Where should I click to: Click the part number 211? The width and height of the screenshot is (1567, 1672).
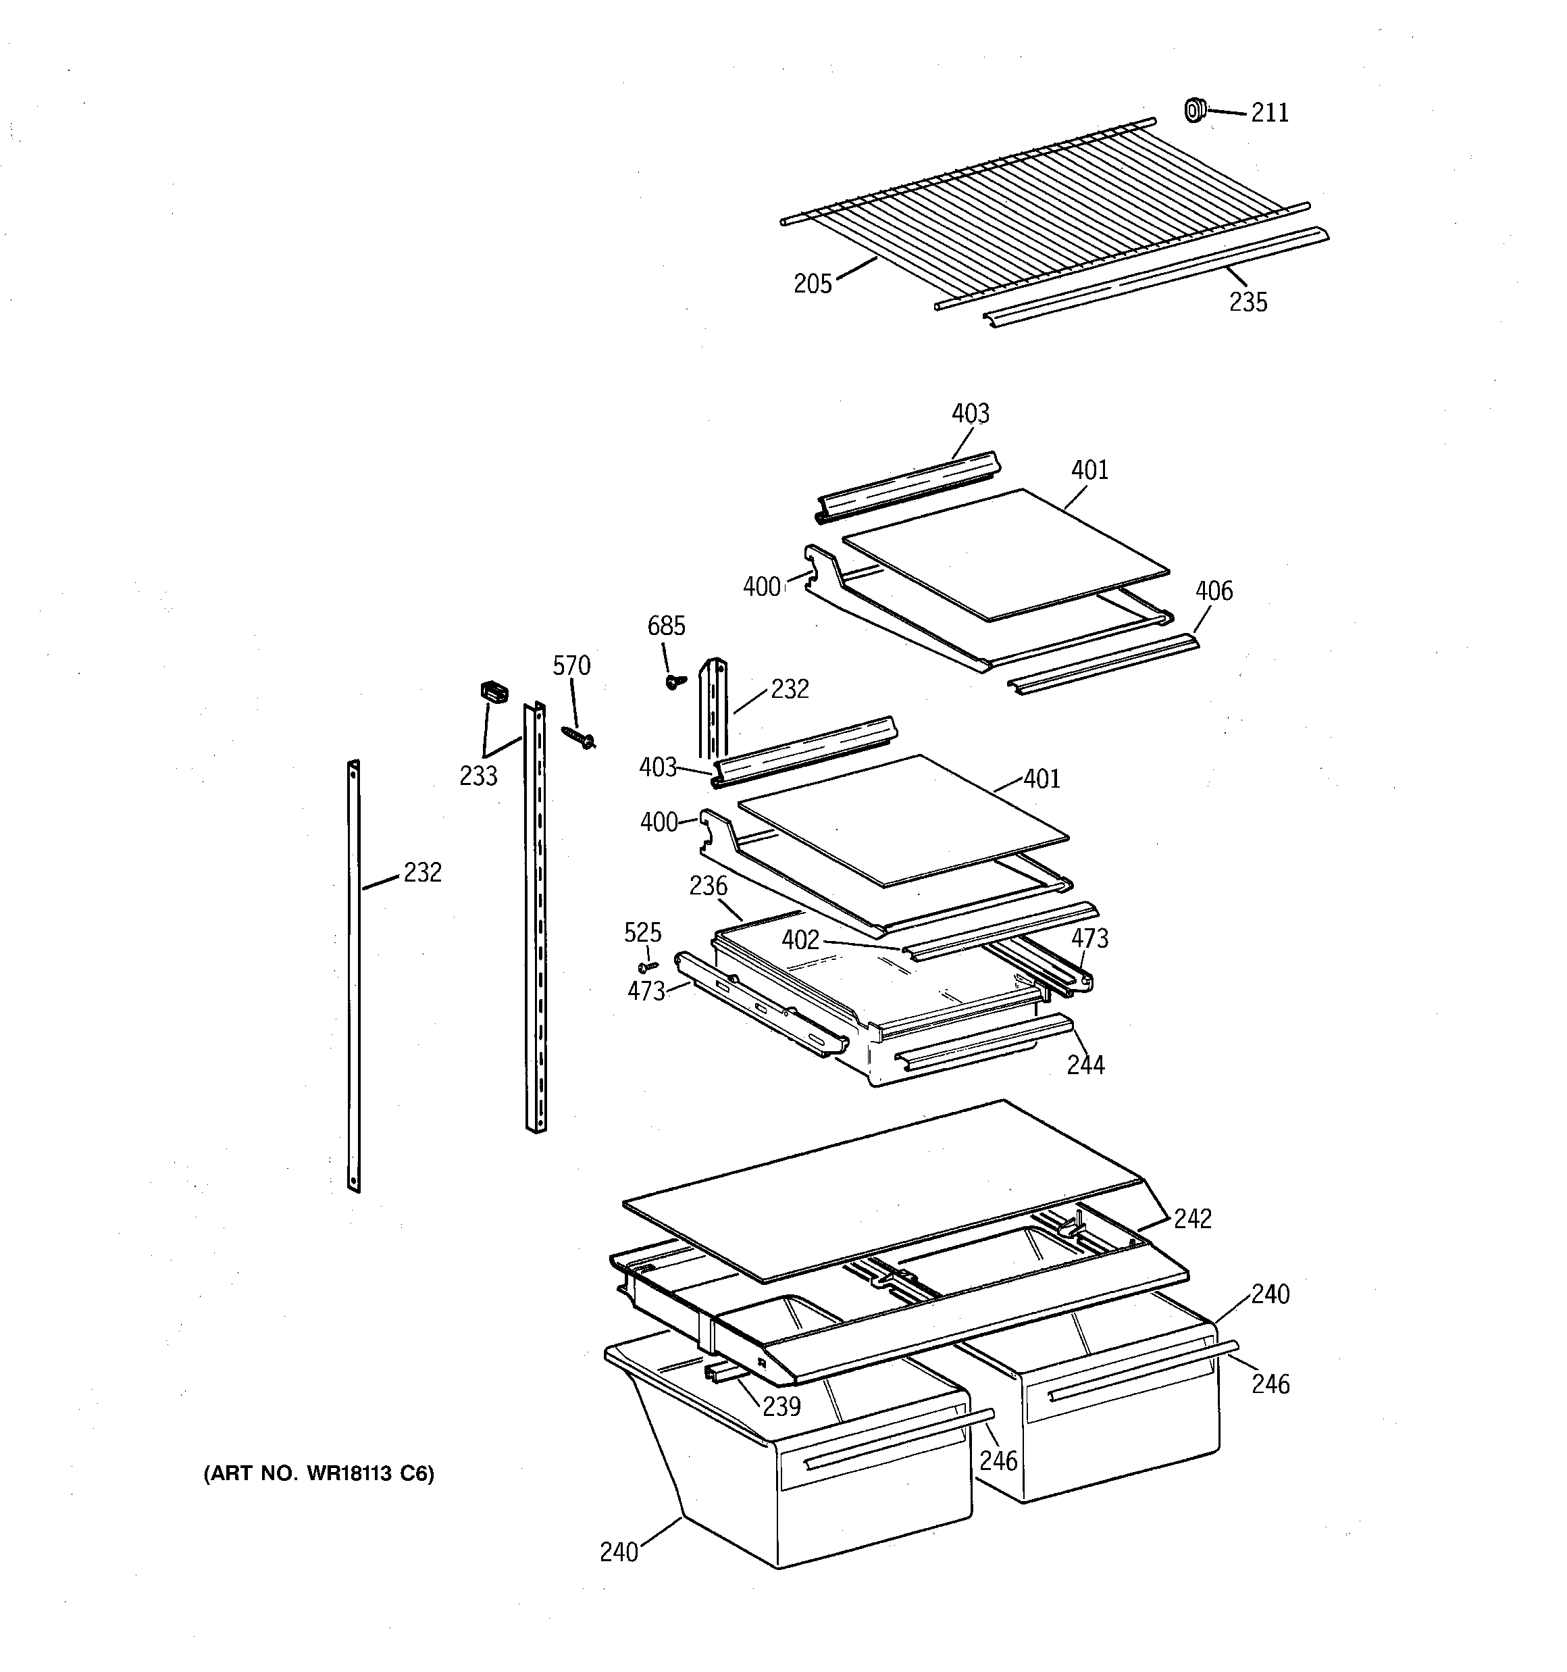point(1269,113)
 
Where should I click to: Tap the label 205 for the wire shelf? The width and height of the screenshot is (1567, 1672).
point(813,284)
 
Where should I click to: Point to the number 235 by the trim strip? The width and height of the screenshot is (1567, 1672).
point(1248,302)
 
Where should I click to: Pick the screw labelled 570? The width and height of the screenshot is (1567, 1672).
point(580,738)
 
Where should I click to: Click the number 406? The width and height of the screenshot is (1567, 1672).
point(1214,591)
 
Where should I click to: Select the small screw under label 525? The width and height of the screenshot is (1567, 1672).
point(648,967)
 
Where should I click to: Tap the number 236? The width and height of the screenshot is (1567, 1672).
point(709,886)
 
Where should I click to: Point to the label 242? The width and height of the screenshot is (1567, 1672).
point(1192,1219)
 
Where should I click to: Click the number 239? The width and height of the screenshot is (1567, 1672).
point(781,1407)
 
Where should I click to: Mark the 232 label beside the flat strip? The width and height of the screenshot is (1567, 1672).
point(422,873)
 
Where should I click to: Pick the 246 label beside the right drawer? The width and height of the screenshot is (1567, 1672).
point(1270,1384)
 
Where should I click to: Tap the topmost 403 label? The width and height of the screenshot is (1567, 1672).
point(970,414)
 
